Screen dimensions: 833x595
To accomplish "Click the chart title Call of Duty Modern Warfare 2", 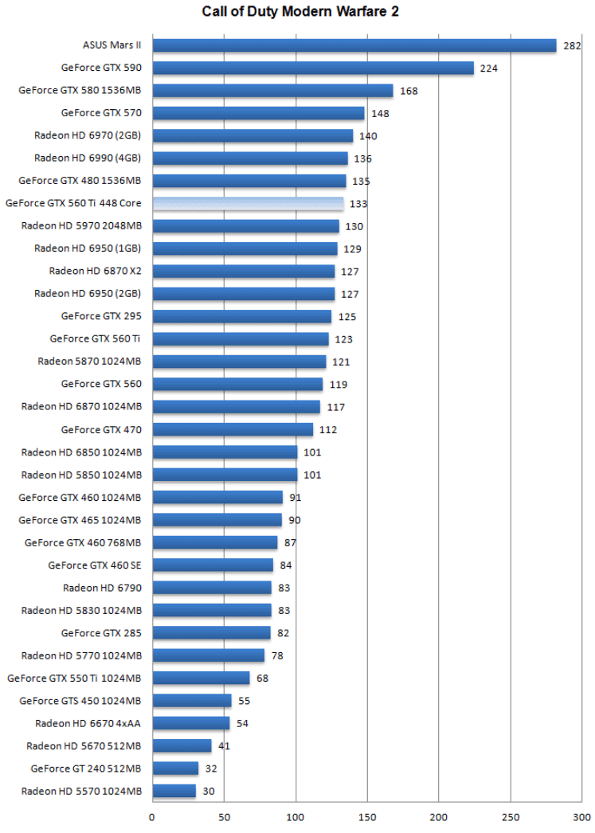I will point(297,12).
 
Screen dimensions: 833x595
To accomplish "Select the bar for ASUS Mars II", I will point(354,45).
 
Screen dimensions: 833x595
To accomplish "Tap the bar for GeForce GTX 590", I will point(313,68).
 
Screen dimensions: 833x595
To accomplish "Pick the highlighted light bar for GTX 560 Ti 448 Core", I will point(248,204).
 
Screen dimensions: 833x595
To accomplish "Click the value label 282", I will point(572,46).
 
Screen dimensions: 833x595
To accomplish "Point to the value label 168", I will point(409,92).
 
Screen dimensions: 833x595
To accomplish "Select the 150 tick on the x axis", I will point(367,816).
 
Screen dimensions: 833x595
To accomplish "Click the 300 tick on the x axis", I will point(582,816).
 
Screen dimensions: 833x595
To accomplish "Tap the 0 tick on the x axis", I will point(152,816).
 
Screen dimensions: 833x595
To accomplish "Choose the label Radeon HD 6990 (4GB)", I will point(88,158).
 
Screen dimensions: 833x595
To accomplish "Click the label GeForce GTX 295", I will point(101,316).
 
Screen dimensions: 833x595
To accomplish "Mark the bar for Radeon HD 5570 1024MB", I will point(174,791).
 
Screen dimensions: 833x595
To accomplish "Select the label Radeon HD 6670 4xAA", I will point(88,723).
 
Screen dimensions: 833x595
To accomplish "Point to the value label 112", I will point(328,430).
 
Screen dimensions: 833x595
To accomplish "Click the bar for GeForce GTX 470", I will point(233,430).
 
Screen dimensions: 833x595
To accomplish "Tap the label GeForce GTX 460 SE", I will point(95,565).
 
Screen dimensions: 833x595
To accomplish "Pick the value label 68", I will point(262,679).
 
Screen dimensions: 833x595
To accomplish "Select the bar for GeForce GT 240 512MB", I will point(175,768).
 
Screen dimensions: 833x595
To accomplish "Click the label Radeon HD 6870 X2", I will point(95,271).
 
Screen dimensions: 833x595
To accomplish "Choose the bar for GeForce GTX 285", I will point(211,633).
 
